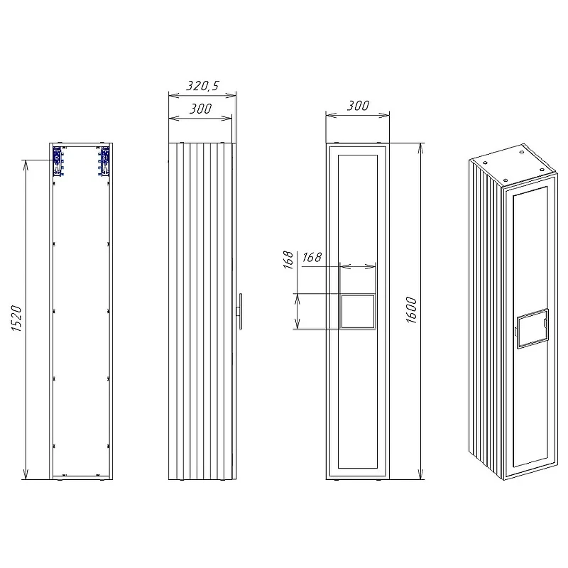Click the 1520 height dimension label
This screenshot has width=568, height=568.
[16, 319]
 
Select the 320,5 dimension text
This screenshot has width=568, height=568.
[203, 86]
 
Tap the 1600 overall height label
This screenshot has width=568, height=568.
[412, 310]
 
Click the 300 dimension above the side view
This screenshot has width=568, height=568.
[201, 109]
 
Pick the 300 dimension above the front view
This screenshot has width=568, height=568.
[359, 106]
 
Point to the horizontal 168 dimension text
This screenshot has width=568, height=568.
[312, 257]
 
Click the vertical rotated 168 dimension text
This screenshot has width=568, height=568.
[288, 260]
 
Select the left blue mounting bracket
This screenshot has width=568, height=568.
[58, 161]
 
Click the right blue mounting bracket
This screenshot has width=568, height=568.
[104, 161]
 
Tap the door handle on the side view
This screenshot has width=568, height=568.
[239, 311]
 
